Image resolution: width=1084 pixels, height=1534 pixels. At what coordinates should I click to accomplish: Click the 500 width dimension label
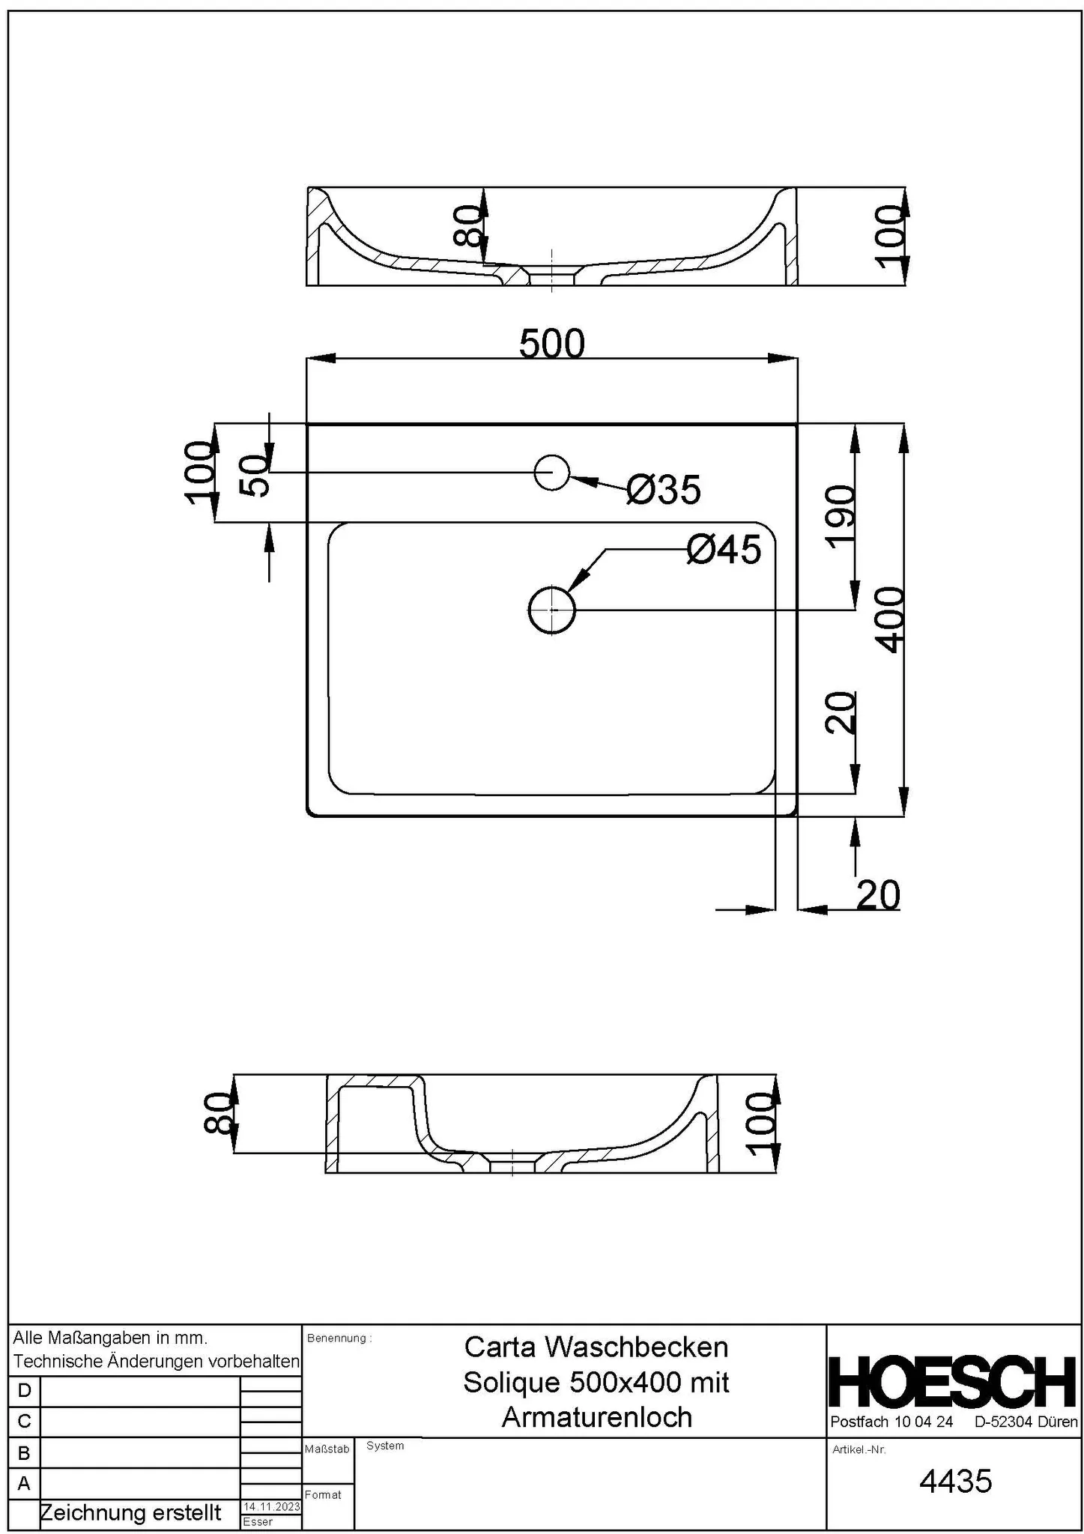coord(551,345)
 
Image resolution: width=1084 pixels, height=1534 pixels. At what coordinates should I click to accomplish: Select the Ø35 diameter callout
coord(664,491)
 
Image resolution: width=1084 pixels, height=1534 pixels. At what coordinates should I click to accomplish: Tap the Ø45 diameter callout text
coord(724,551)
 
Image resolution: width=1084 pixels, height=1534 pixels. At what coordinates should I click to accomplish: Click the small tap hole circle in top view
coord(552,473)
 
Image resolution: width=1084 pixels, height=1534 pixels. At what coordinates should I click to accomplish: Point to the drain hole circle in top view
coord(552,610)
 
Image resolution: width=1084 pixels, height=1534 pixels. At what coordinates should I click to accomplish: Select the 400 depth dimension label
coord(891,620)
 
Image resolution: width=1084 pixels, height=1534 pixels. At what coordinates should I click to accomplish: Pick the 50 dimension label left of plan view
coord(255,476)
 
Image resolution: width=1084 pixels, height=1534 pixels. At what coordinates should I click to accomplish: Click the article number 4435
coord(955,1481)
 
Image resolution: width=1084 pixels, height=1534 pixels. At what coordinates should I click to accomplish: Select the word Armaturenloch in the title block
coord(596,1417)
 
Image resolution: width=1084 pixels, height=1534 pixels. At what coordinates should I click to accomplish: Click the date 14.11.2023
coord(271,1507)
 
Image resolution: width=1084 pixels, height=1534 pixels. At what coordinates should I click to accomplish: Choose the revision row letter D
coord(24,1391)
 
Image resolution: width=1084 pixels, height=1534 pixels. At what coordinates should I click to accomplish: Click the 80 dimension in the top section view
coord(468,226)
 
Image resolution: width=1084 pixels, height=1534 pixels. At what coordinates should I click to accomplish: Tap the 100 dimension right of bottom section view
coord(760,1124)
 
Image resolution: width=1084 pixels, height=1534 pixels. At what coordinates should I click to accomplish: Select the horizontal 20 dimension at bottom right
coord(878,895)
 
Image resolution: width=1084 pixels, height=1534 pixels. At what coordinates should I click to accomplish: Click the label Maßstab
coord(327,1449)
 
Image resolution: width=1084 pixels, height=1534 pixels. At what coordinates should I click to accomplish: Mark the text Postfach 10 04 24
coord(891,1422)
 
